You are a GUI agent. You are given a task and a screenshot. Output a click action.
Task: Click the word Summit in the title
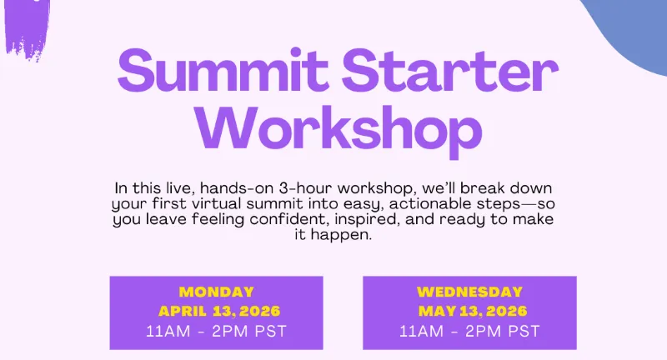(223, 71)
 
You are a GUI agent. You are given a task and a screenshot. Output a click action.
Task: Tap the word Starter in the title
(450, 71)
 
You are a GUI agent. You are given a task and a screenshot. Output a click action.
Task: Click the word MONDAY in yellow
(217, 292)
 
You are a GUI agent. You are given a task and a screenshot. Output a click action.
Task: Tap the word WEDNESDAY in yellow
(469, 292)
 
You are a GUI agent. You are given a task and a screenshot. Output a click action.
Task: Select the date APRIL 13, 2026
(219, 311)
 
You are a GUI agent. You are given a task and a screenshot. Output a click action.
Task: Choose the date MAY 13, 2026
(473, 311)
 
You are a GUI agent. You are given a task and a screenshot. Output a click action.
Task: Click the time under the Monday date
(216, 331)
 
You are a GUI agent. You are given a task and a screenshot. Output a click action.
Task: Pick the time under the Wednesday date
(469, 331)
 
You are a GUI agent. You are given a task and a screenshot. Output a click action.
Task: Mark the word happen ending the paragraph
(341, 236)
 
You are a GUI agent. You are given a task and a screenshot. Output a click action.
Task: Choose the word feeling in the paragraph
(218, 220)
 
